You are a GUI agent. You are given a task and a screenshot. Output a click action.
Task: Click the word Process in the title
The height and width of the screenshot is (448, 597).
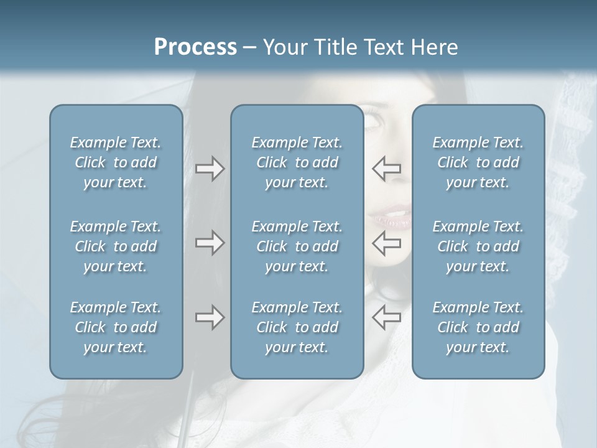pos(195,47)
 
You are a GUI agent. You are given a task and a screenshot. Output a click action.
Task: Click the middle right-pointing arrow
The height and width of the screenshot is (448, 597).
pos(210,243)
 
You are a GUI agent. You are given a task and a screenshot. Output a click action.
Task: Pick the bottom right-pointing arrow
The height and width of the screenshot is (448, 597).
pos(210,318)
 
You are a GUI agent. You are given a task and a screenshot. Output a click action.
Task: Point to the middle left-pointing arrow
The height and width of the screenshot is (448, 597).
pos(387,243)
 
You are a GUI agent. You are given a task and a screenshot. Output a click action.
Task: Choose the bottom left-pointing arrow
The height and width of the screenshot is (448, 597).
pos(387,318)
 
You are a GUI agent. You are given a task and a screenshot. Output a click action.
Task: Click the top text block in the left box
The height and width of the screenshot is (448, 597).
pos(116,162)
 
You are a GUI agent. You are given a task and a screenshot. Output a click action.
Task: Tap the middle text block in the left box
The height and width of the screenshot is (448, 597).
pos(116,246)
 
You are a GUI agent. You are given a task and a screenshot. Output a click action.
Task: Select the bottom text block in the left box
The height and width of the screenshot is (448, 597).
pos(116,327)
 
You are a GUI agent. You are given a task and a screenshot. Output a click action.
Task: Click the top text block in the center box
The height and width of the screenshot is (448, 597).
pos(297,162)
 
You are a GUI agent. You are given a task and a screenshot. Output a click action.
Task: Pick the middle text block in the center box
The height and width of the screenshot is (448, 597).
pos(297,246)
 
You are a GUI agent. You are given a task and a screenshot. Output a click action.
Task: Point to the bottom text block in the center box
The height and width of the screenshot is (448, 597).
pos(297,327)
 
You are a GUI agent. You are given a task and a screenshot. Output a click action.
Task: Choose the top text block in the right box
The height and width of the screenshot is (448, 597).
pos(478,162)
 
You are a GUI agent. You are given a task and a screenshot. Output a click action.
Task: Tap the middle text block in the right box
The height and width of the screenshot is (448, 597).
pos(478,246)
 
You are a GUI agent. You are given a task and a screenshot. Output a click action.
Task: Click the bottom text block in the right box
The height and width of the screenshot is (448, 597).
pos(478,327)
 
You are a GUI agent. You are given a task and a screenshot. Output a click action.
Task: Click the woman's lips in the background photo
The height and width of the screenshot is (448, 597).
pos(391,218)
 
